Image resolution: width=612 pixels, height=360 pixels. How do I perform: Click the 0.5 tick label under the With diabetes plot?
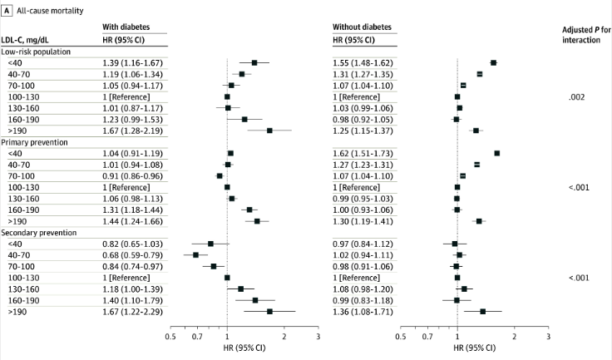pyautogui.click(x=170, y=339)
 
